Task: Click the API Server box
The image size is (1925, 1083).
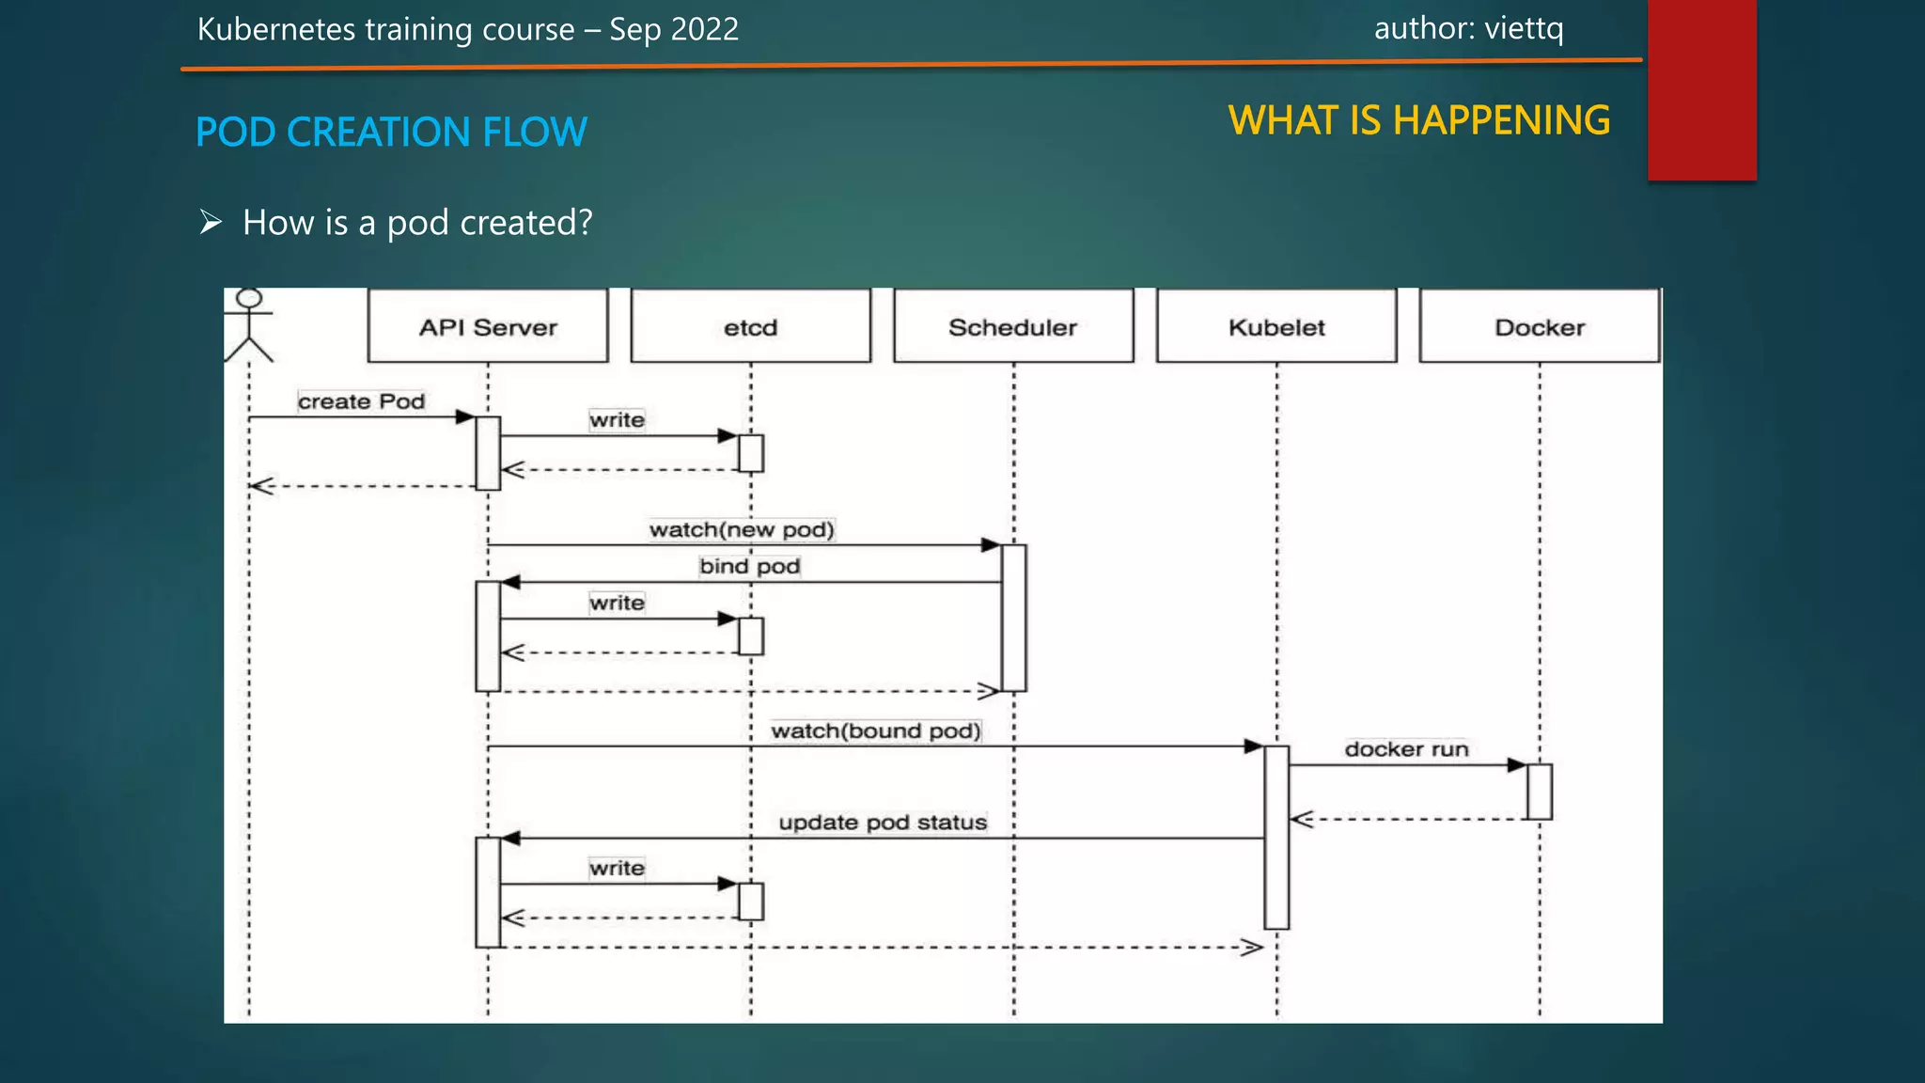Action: coord(488,326)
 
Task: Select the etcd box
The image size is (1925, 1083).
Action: coord(750,326)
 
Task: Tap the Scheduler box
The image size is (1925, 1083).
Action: coord(1013,326)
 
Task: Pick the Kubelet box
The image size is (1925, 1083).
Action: coord(1276,326)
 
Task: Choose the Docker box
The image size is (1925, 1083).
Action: coord(1540,326)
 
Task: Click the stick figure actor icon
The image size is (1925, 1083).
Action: coord(249,325)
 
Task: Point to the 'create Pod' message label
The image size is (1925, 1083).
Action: coord(362,401)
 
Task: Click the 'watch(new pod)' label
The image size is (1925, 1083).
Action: coord(742,529)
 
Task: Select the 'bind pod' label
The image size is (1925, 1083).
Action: coord(749,566)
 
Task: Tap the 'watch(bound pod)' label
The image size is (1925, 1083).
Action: coord(876,730)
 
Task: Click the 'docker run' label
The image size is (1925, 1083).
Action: coord(1406,749)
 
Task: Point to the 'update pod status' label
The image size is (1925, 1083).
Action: coord(883,822)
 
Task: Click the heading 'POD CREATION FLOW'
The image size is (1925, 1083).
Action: coord(391,132)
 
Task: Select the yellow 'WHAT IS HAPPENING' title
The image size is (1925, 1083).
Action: coord(1418,120)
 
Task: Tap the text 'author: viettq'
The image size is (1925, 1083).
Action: coord(1468,28)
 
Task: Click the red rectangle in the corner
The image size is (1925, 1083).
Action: coord(1701,89)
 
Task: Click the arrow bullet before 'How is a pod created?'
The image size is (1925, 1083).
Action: coord(211,223)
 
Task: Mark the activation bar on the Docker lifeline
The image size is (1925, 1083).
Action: coord(1540,792)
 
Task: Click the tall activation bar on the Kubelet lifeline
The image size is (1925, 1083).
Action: coord(1276,837)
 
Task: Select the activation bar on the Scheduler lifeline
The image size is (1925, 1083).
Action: coord(1014,618)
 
